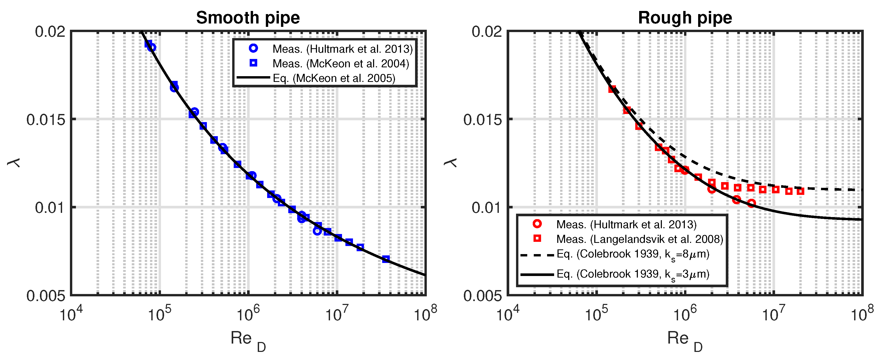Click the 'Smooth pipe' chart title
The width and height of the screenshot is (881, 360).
tap(248, 18)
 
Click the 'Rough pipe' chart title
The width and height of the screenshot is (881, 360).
tap(685, 18)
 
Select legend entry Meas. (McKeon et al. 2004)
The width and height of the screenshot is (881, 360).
tap(340, 64)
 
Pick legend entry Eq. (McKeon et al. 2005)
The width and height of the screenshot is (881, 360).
tap(333, 78)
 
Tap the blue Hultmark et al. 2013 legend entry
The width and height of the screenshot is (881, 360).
tap(342, 49)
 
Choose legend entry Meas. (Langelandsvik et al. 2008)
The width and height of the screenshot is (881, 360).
tap(639, 239)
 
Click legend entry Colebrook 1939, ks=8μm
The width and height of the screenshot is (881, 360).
tap(633, 254)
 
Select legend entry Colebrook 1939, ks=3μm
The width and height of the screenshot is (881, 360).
tap(633, 274)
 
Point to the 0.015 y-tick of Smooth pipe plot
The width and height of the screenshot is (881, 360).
tap(45, 120)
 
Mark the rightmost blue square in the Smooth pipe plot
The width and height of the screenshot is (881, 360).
tap(386, 259)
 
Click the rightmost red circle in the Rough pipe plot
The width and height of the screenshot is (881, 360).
tap(751, 203)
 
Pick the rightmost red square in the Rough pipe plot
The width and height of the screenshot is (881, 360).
tap(800, 191)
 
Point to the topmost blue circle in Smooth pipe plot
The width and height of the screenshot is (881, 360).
tap(152, 47)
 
